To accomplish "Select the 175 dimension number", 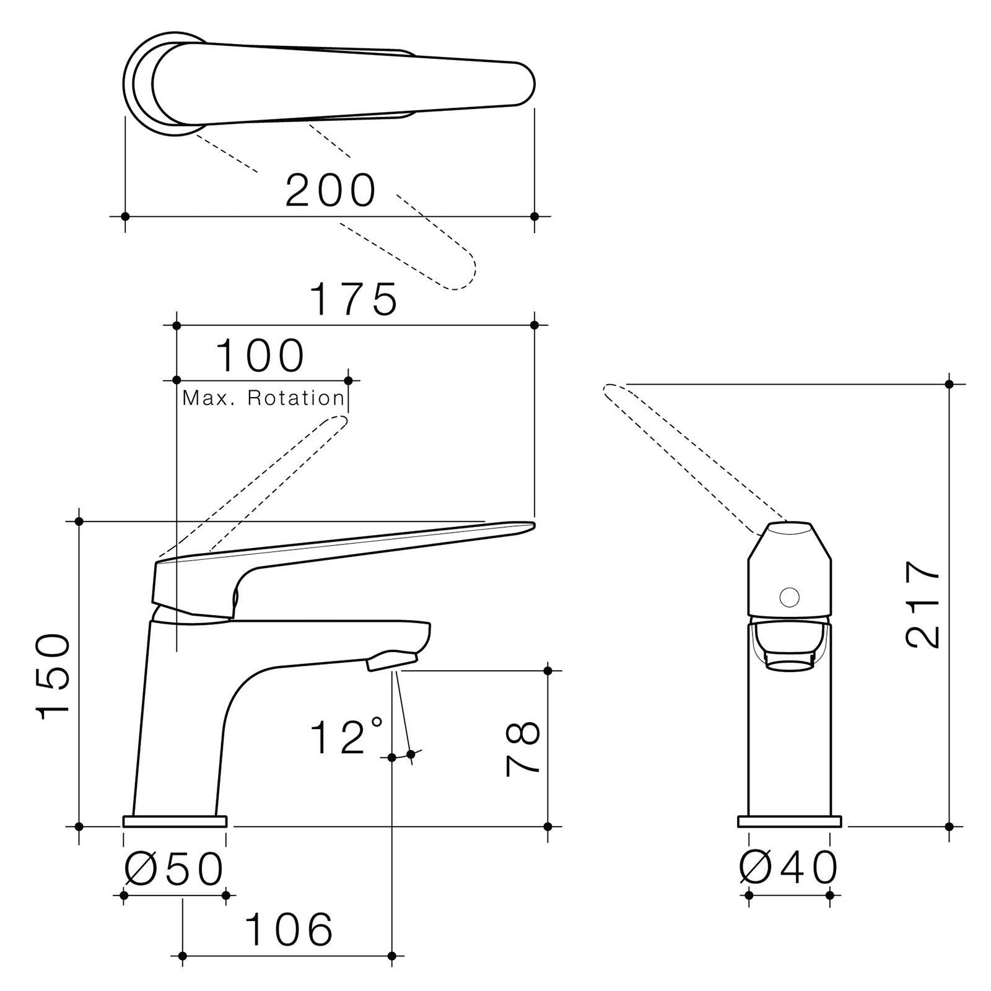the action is click(354, 299).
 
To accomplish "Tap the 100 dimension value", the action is click(260, 356).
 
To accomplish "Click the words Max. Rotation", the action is click(263, 398).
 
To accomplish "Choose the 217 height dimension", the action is click(923, 605).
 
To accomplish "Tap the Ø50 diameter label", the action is click(174, 868).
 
